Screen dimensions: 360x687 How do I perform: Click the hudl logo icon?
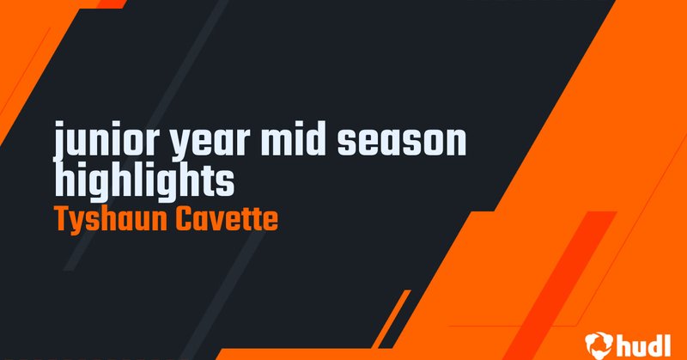pos(596,343)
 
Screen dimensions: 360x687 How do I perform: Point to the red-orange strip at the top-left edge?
pos(110,3)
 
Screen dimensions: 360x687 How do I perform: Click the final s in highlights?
pos(226,181)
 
